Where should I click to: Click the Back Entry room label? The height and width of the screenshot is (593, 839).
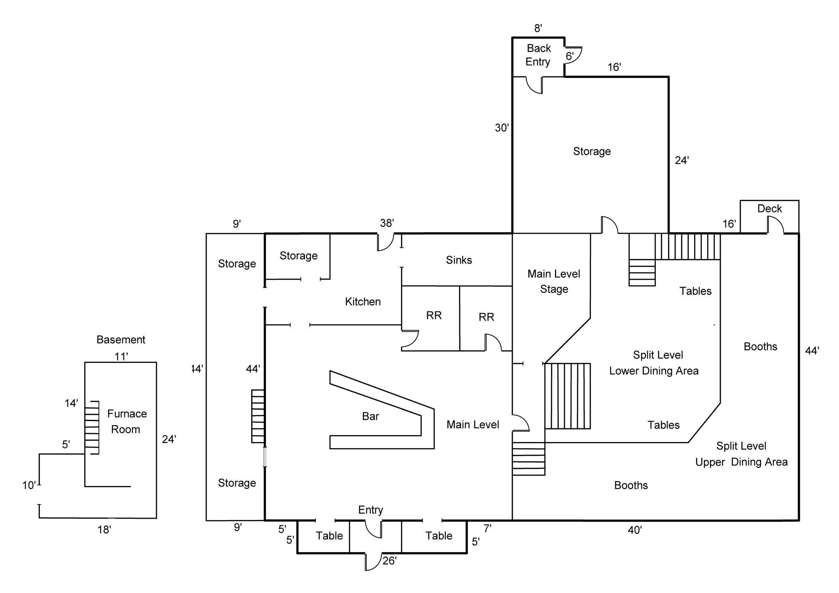coord(538,55)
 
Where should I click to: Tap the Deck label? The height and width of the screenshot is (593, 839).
coord(769,209)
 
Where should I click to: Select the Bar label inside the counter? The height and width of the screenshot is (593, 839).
coord(370,416)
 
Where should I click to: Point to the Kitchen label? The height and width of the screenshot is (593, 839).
coord(363,302)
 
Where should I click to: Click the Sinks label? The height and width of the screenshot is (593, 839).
coord(459,260)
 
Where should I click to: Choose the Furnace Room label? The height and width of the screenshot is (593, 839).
coord(126,421)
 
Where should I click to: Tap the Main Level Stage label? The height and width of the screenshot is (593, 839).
coord(553,281)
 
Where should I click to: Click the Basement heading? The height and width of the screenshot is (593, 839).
coord(121,339)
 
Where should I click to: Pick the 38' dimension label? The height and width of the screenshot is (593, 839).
coord(387,223)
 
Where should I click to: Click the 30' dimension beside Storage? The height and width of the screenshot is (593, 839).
coord(502,128)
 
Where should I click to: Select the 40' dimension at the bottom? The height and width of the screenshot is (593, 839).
coord(634,530)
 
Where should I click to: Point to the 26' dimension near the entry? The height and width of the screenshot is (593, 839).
coord(389,561)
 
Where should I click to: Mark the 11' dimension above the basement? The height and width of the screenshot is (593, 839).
coord(121,356)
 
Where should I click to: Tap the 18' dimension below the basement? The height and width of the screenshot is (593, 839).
coord(104,530)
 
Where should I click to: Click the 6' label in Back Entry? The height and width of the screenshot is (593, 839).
coord(570,56)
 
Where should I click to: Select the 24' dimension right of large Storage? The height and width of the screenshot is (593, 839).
coord(682,161)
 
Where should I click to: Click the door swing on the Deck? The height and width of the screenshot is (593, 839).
coord(775,224)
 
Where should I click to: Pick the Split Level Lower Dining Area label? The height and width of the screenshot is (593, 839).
coord(654,363)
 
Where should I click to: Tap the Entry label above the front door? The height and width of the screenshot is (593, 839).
coord(370,510)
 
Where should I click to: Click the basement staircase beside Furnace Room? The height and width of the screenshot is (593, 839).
coord(92,428)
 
